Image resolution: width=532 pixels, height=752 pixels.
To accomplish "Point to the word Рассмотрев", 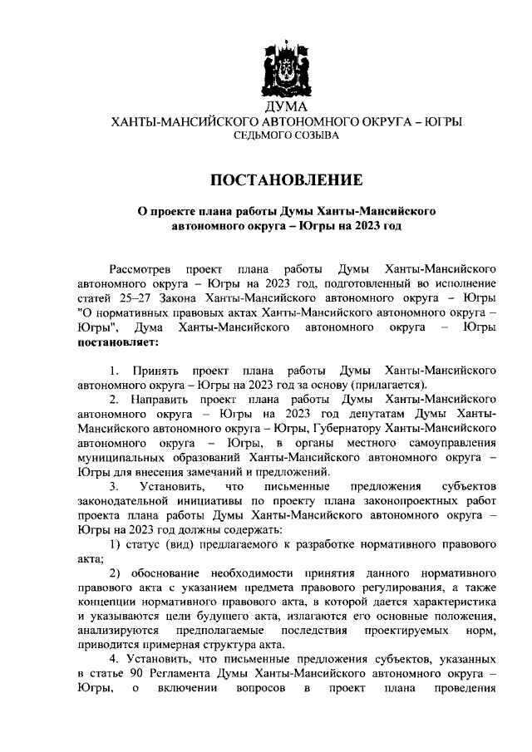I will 140,269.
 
